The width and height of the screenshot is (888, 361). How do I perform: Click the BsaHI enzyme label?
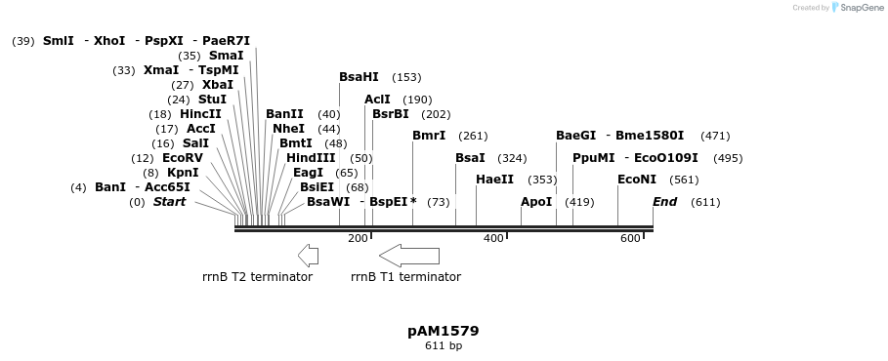pyautogui.click(x=359, y=77)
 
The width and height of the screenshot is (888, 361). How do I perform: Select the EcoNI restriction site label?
pyautogui.click(x=637, y=180)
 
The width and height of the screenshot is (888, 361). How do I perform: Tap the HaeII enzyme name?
pyautogui.click(x=494, y=180)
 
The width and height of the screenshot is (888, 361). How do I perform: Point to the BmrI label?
pyautogui.click(x=429, y=136)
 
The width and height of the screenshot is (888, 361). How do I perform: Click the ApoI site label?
pyautogui.click(x=536, y=202)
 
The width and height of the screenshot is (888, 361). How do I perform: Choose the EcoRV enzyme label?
pyautogui.click(x=183, y=158)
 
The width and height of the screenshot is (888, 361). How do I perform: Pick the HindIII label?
pyautogui.click(x=311, y=158)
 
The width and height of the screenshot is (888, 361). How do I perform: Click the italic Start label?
pyautogui.click(x=169, y=202)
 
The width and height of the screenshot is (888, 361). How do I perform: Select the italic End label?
pyautogui.click(x=664, y=202)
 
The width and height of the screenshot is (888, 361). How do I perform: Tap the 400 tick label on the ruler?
pyautogui.click(x=493, y=239)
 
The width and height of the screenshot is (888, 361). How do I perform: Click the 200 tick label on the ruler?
pyautogui.click(x=358, y=239)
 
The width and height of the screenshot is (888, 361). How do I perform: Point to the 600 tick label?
pyautogui.click(x=630, y=239)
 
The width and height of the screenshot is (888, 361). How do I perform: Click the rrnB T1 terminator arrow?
pyautogui.click(x=409, y=256)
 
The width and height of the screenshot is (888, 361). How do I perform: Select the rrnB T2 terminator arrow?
pyautogui.click(x=308, y=256)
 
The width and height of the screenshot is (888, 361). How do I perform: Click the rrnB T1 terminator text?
pyautogui.click(x=405, y=277)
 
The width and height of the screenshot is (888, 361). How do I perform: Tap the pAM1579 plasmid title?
pyautogui.click(x=443, y=332)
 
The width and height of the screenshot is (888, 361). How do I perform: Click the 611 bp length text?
pyautogui.click(x=444, y=346)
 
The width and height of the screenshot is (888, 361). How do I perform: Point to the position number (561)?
pyautogui.click(x=684, y=180)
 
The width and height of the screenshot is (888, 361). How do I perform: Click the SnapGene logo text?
pyautogui.click(x=859, y=8)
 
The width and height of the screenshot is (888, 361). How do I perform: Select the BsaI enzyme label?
pyautogui.click(x=470, y=158)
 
